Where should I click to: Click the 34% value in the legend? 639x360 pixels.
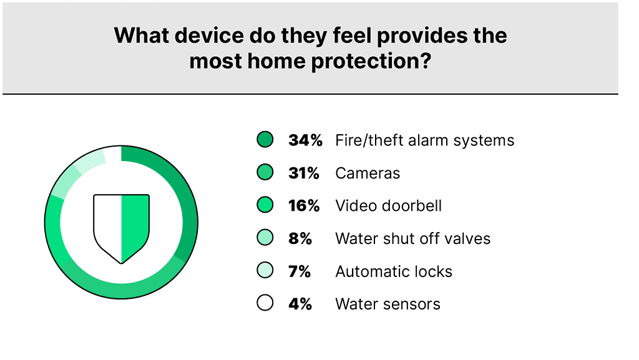pyautogui.click(x=305, y=140)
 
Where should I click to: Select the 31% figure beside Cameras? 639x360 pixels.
pyautogui.click(x=304, y=173)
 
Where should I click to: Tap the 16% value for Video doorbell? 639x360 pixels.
pyautogui.click(x=304, y=206)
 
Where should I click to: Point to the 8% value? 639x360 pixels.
pyautogui.click(x=300, y=238)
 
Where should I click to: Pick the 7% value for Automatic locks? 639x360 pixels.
pyautogui.click(x=300, y=271)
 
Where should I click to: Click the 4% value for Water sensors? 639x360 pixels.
pyautogui.click(x=300, y=304)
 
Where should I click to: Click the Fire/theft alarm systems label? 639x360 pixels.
pyautogui.click(x=424, y=140)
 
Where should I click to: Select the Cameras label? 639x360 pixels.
pyautogui.click(x=368, y=173)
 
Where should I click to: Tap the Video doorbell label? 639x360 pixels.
pyautogui.click(x=388, y=206)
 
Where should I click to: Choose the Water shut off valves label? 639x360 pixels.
pyautogui.click(x=413, y=238)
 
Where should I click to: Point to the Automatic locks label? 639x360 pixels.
pyautogui.click(x=394, y=271)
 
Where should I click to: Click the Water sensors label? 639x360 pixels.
pyautogui.click(x=388, y=304)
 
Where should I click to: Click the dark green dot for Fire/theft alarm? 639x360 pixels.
pyautogui.click(x=265, y=139)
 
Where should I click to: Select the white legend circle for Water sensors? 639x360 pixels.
pyautogui.click(x=265, y=303)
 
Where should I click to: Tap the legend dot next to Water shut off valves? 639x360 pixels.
pyautogui.click(x=265, y=238)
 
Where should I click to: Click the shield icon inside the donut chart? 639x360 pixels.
pyautogui.click(x=122, y=229)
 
